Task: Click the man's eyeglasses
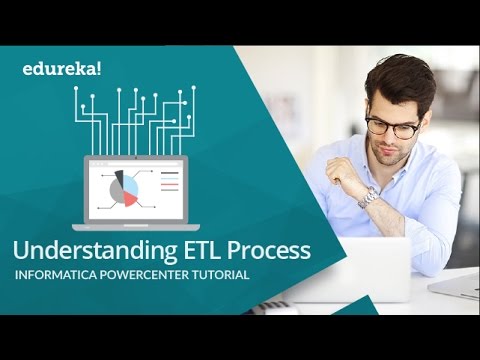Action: (391, 126)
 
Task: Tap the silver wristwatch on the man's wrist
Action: (368, 196)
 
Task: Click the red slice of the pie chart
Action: (129, 198)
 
